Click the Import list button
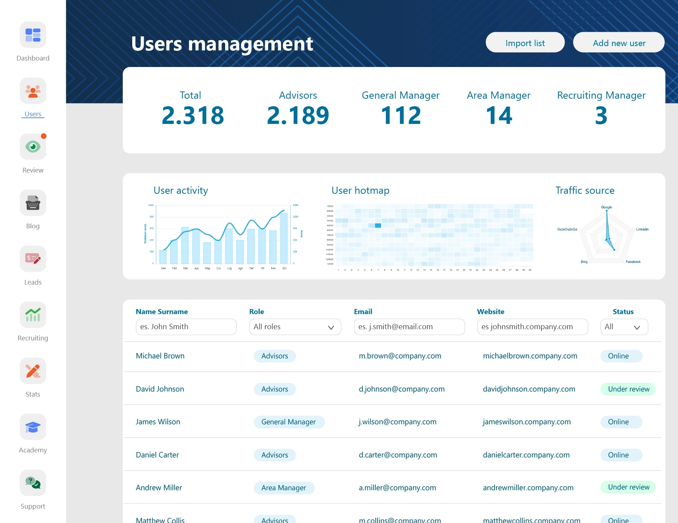click(x=525, y=43)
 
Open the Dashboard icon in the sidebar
click(x=33, y=35)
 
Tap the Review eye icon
click(x=33, y=147)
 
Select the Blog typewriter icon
click(x=33, y=203)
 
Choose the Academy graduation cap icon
click(x=33, y=427)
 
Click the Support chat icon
click(x=33, y=483)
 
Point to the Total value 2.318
click(x=193, y=116)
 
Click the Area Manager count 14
click(x=499, y=116)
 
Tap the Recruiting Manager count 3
click(x=601, y=116)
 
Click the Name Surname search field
click(x=186, y=327)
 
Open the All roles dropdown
click(x=295, y=327)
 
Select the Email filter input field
click(x=409, y=327)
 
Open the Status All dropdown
click(x=624, y=327)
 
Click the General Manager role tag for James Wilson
click(x=289, y=422)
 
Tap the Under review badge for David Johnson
click(x=628, y=389)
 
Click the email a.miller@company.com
click(x=397, y=488)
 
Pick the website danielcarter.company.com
click(x=526, y=455)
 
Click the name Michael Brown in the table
click(x=160, y=356)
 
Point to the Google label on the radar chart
click(x=606, y=207)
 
